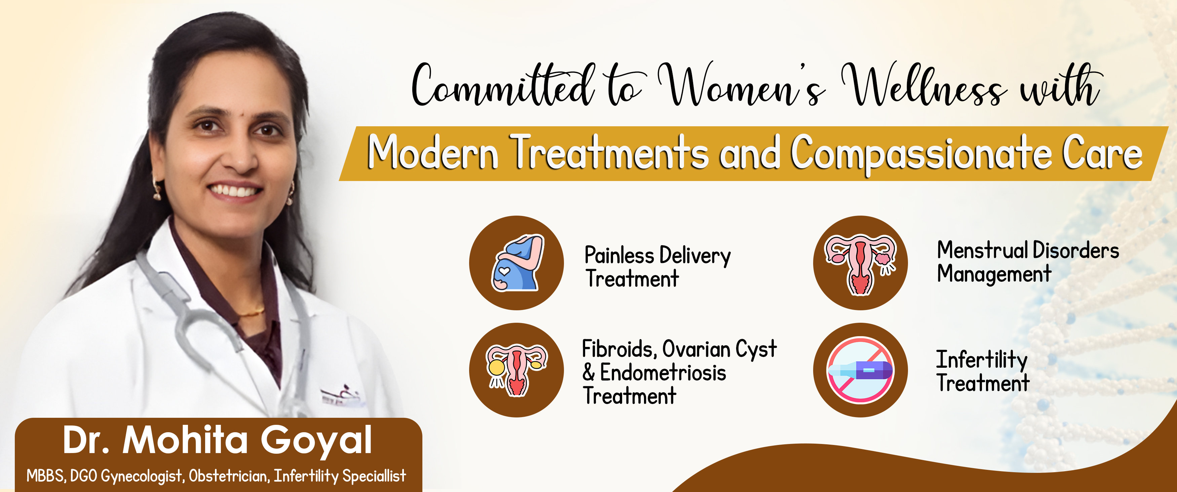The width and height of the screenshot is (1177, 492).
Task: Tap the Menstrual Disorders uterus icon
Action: coord(860,264)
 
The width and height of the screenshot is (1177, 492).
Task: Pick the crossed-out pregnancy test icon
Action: coord(860,370)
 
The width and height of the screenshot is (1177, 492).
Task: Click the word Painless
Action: coord(619,256)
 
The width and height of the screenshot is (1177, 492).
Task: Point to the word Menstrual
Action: coord(982,250)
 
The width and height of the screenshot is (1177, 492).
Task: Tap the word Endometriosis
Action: coord(663,373)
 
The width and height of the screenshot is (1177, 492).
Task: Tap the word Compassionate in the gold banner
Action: coord(921,154)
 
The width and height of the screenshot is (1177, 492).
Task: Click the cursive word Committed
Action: coord(503,84)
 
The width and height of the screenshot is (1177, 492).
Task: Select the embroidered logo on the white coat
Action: coord(343,395)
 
